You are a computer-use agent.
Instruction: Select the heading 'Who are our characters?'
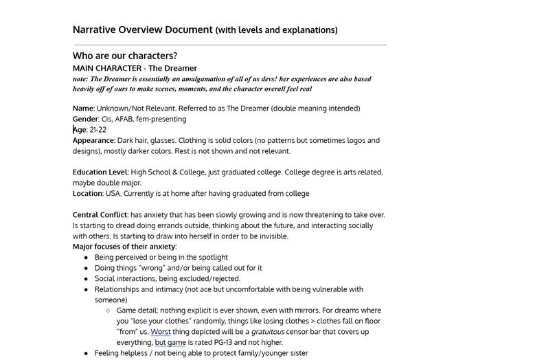(125, 56)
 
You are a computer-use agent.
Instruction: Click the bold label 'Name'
(82, 109)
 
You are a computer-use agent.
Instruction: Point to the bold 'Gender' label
(85, 119)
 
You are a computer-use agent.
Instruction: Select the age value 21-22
(98, 130)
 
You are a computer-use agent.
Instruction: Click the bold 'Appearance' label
(93, 140)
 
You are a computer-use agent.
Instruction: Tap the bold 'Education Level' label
(100, 172)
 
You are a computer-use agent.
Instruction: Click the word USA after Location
(113, 194)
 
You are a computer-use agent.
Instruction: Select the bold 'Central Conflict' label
(100, 215)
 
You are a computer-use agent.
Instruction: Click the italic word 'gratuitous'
(267, 332)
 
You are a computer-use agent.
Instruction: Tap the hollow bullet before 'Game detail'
(108, 311)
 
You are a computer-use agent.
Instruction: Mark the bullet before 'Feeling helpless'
(86, 353)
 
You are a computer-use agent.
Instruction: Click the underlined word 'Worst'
(161, 332)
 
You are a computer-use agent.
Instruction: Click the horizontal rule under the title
(230, 45)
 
